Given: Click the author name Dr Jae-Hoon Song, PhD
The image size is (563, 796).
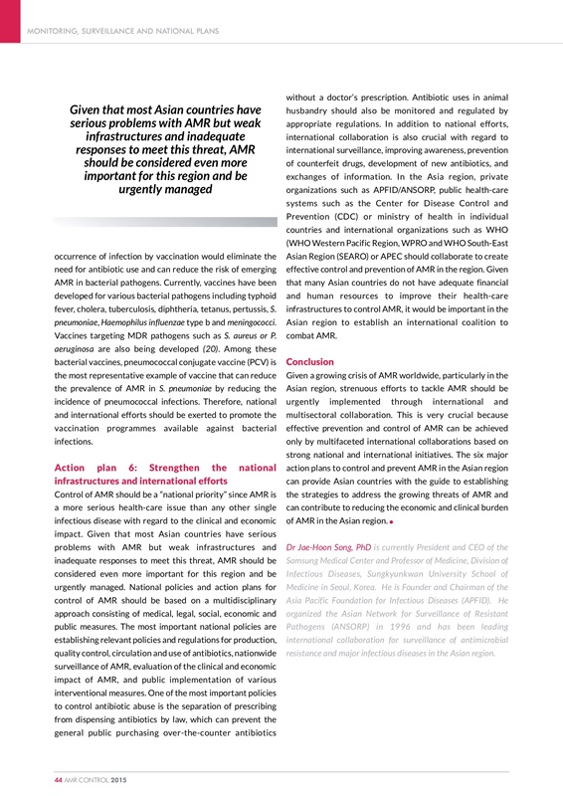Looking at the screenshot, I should click(328, 546).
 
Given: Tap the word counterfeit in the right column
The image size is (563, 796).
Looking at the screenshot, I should click(324, 161).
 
